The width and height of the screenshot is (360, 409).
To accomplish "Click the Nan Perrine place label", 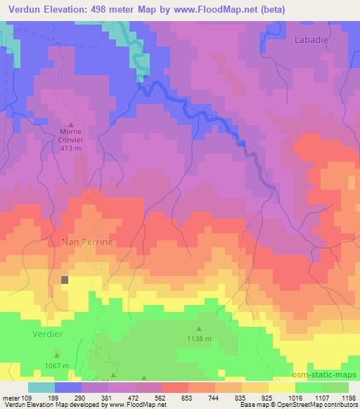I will (87, 241).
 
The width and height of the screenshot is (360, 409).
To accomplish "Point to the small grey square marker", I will (65, 280).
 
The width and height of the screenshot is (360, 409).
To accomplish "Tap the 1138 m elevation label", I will (198, 339).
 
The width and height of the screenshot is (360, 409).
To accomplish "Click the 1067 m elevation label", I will (58, 366).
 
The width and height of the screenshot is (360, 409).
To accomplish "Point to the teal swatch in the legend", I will (41, 387).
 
